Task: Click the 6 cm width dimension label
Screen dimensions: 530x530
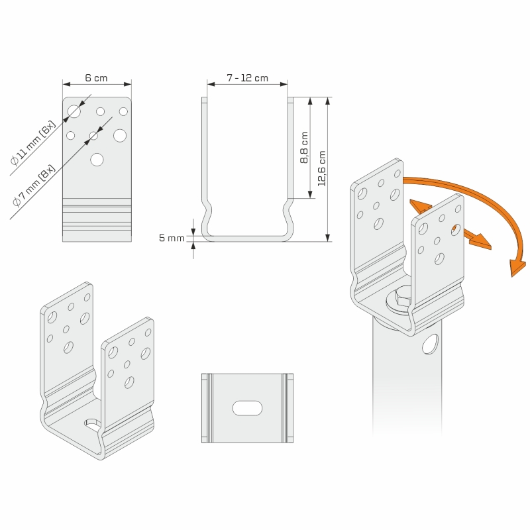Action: pos(96,78)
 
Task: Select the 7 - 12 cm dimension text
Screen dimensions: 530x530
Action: pos(247,78)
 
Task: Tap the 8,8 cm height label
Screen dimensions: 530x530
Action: pos(304,148)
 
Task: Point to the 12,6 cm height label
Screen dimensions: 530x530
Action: pos(322,168)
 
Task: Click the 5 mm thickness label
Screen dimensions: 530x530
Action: pos(172,238)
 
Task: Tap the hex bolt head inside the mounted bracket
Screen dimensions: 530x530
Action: pos(400,300)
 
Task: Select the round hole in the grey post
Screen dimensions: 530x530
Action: pos(431,343)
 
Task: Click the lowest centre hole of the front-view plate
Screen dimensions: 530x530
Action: pos(97,159)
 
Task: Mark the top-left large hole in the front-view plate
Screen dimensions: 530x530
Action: pos(74,111)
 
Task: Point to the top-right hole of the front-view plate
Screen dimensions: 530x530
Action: pos(123,111)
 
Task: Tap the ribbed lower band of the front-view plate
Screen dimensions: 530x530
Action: pos(97,219)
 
